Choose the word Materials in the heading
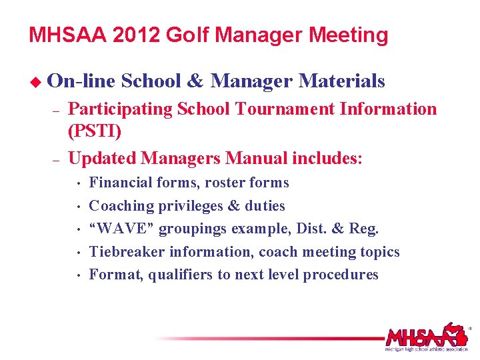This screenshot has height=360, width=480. tap(342, 81)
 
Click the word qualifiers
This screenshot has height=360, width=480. tap(181, 275)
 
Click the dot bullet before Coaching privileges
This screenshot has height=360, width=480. tap(79, 207)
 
